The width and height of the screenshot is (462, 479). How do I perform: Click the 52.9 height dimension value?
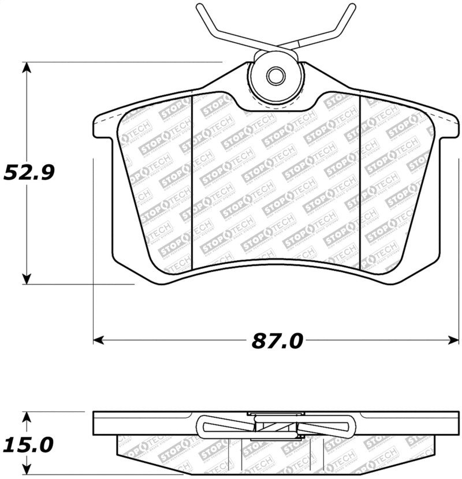click(x=28, y=172)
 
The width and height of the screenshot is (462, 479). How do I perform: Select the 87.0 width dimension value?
click(x=277, y=341)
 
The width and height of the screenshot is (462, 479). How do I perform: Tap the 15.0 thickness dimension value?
click(x=28, y=445)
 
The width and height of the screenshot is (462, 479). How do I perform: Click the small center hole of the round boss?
click(x=275, y=75)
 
